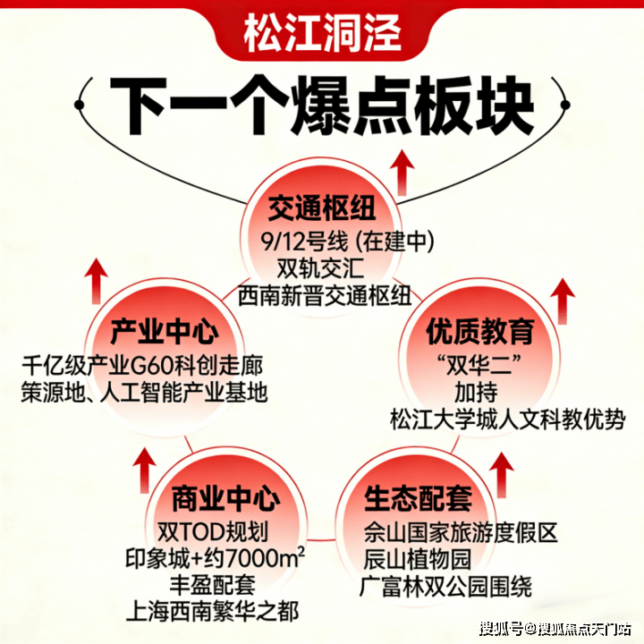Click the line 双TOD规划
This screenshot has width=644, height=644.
(212, 531)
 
